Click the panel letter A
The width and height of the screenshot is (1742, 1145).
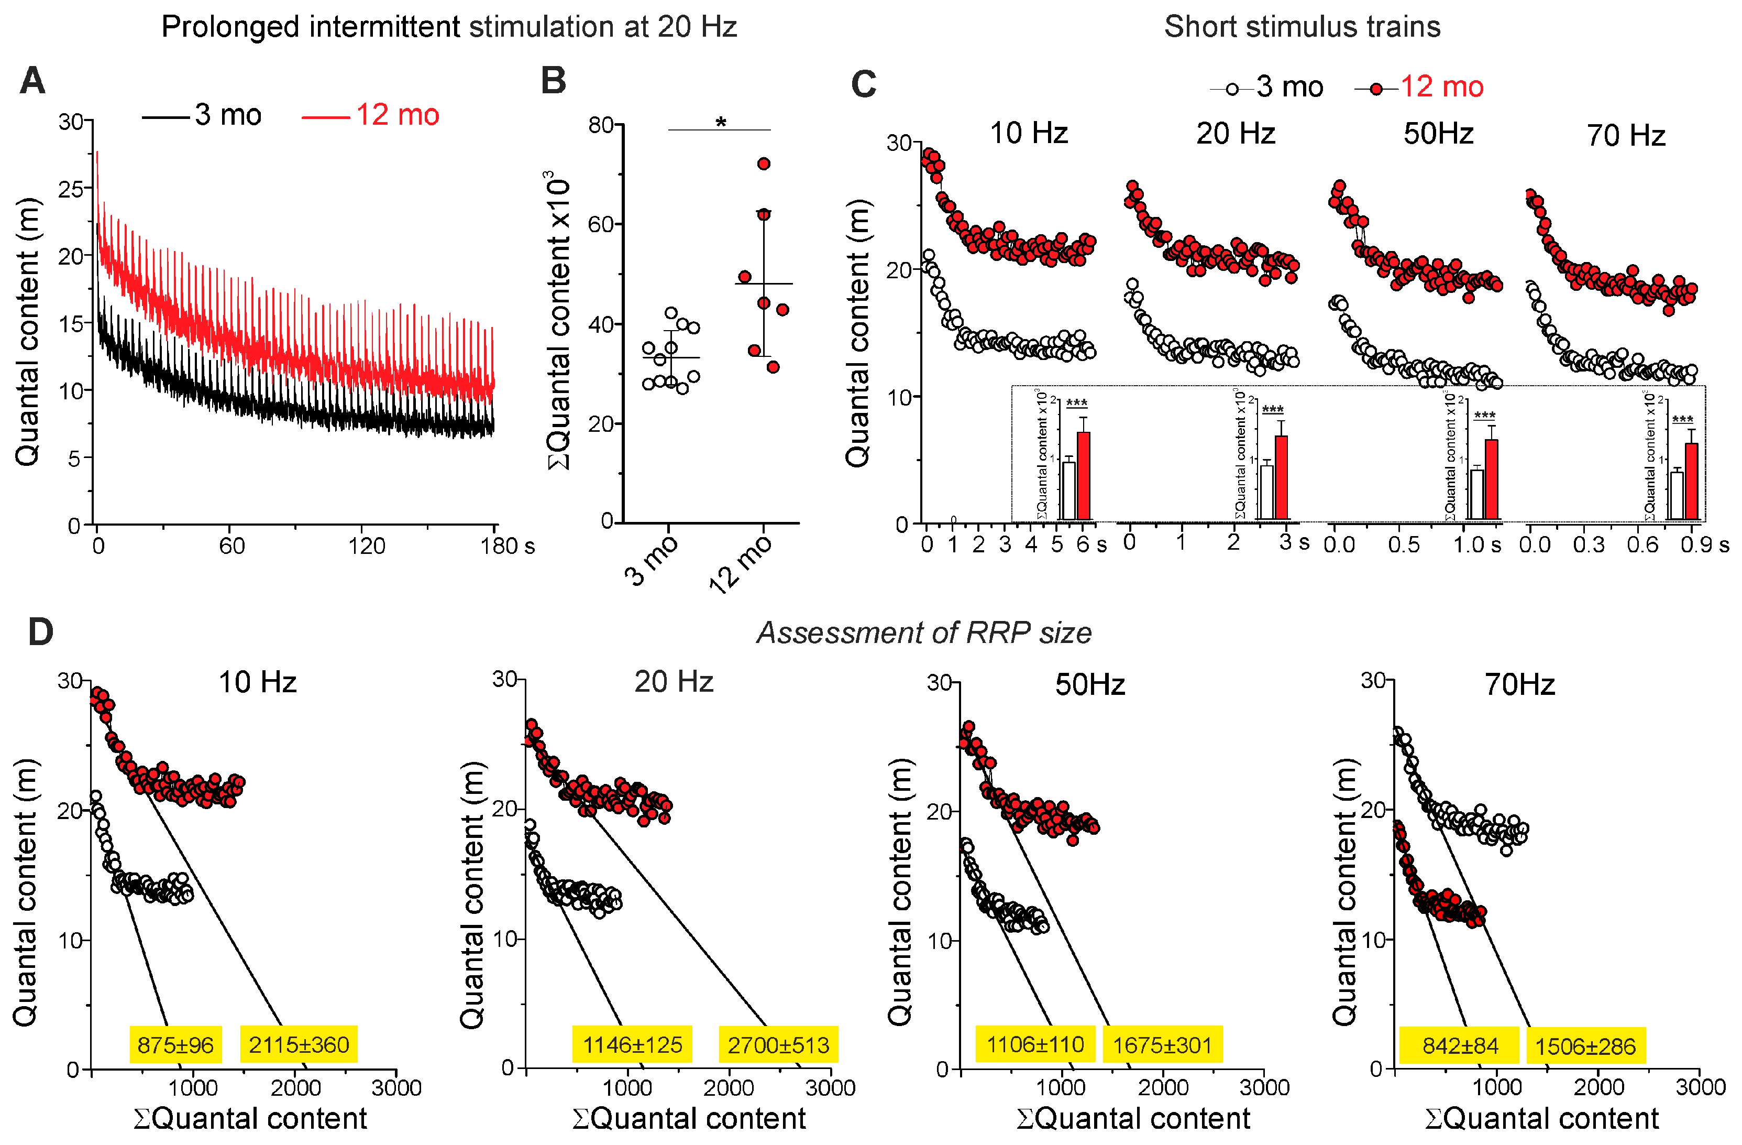tap(32, 81)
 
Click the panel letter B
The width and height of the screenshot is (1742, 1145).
tap(553, 81)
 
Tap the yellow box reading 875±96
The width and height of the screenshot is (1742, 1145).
tap(175, 1044)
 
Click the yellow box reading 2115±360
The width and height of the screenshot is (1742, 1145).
tap(299, 1044)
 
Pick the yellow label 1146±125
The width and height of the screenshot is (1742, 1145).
tap(632, 1044)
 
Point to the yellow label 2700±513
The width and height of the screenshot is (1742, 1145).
tap(778, 1044)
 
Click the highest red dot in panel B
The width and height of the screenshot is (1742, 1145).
tap(764, 164)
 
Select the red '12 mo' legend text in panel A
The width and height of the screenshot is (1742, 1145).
tap(398, 115)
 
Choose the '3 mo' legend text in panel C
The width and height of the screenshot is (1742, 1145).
tap(1289, 87)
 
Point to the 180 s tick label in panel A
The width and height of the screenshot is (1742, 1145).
tap(507, 546)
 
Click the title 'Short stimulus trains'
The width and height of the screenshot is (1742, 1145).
tap(1302, 27)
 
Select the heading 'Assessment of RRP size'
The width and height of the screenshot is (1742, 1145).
tap(924, 633)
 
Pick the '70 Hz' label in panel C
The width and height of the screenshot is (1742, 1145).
tap(1626, 135)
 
